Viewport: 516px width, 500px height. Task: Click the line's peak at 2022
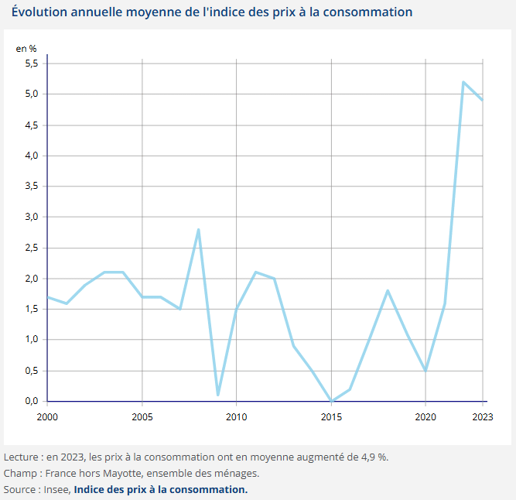pyautogui.click(x=463, y=82)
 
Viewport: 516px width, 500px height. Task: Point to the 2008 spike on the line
pyautogui.click(x=199, y=229)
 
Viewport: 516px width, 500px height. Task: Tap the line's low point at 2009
pyautogui.click(x=217, y=395)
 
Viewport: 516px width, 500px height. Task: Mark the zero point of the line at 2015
pyautogui.click(x=331, y=401)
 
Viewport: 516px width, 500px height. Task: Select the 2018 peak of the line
pyautogui.click(x=388, y=290)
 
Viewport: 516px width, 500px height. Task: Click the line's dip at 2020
pyautogui.click(x=425, y=370)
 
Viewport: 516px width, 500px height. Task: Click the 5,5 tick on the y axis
pyautogui.click(x=31, y=63)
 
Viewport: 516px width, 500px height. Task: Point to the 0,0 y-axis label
pyautogui.click(x=31, y=401)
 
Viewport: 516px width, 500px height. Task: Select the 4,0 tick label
pyautogui.click(x=31, y=156)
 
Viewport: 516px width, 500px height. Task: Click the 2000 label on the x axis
pyautogui.click(x=47, y=416)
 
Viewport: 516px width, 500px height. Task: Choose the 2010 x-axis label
pyautogui.click(x=236, y=416)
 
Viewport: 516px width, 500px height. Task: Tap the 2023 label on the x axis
pyautogui.click(x=482, y=416)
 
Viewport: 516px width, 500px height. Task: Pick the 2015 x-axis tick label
pyautogui.click(x=331, y=416)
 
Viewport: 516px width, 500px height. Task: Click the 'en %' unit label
pyautogui.click(x=26, y=48)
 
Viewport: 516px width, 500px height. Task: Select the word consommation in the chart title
pyautogui.click(x=367, y=12)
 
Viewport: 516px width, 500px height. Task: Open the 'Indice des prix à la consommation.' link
pyautogui.click(x=161, y=489)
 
